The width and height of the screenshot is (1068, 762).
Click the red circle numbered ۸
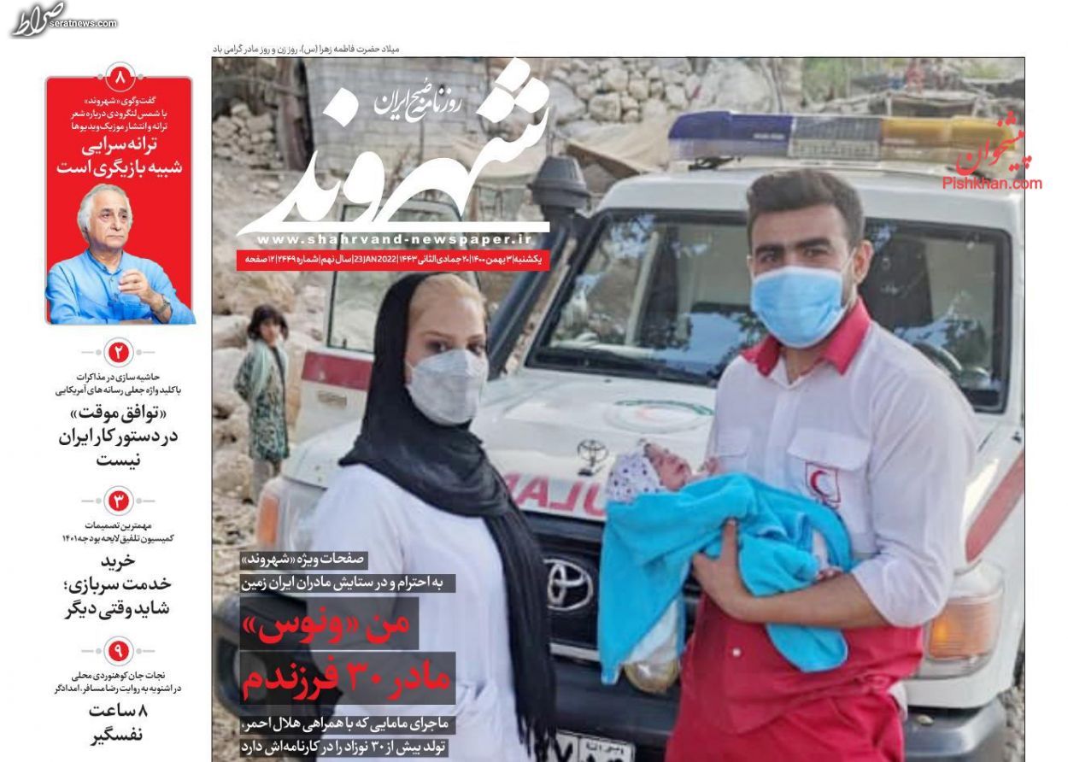[120, 79]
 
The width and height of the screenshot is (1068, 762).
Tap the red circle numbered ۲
[120, 351]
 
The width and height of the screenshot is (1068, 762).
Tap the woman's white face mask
[446, 386]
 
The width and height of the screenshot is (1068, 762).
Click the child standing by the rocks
[262, 384]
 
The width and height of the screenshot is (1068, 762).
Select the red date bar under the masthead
[394, 259]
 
